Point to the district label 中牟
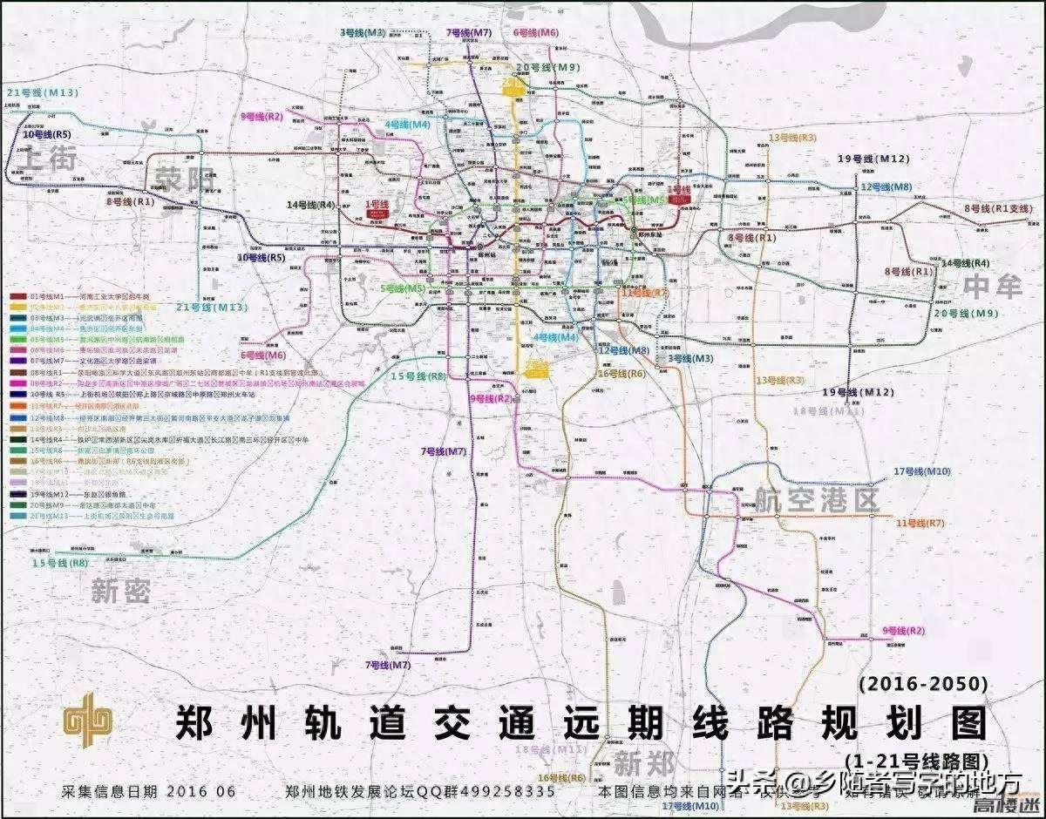tap(993, 286)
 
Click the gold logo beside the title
tap(87, 721)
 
